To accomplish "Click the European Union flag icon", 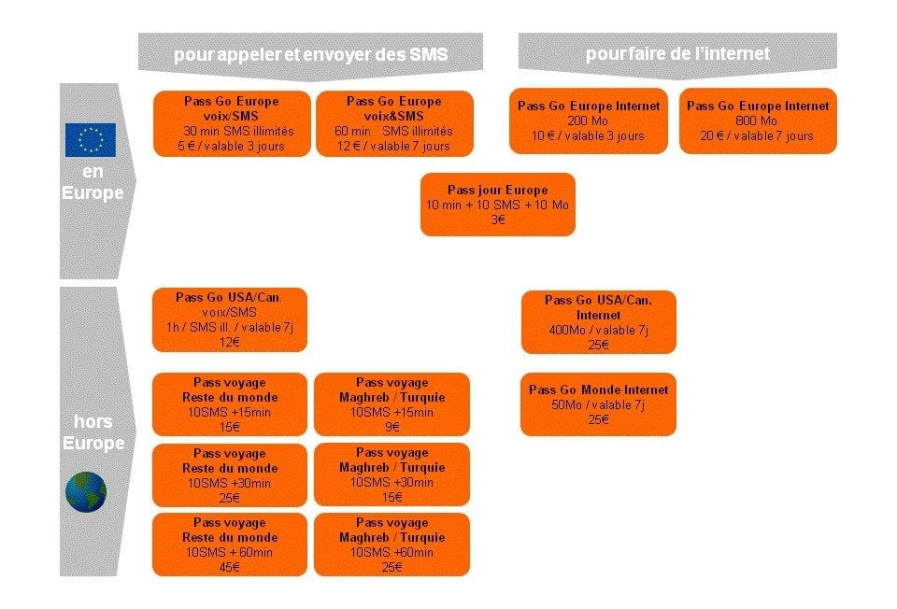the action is click(91, 139).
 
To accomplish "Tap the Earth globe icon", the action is click(86, 491).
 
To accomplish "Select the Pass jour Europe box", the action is click(498, 205).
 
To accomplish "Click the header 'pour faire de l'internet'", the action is click(677, 54).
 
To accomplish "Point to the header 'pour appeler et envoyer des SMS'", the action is click(310, 55).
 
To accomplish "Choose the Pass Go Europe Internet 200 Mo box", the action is click(589, 120).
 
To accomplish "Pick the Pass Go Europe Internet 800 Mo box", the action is click(758, 120).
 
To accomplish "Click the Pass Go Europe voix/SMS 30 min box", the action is click(232, 123).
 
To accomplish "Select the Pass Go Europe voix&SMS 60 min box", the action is click(394, 123).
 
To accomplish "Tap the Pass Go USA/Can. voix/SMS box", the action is click(230, 319).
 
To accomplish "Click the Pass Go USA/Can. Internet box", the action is click(598, 322).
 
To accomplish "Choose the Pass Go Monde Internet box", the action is click(598, 404).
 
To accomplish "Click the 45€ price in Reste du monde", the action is click(230, 567).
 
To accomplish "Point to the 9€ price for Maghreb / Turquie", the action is click(392, 427).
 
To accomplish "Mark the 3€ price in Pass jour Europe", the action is click(498, 220).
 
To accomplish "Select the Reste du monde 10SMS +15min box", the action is click(230, 404).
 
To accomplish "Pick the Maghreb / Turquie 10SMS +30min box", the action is click(392, 474).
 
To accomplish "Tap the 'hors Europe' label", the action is click(93, 432).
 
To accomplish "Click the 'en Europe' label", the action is click(93, 182).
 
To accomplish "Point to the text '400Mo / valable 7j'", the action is click(598, 330).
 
